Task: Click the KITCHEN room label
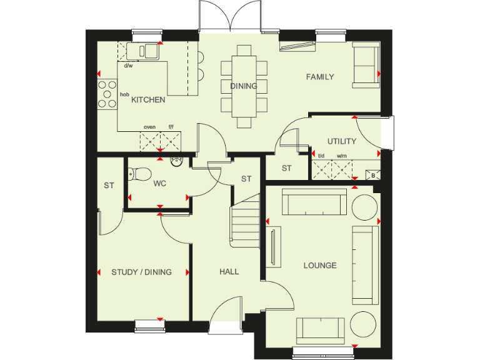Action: [x=148, y=99]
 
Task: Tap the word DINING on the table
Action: [x=243, y=86]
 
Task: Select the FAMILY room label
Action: [x=319, y=77]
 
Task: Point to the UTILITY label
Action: [x=342, y=141]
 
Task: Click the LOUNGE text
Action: [x=320, y=266]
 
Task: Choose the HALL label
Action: [x=229, y=272]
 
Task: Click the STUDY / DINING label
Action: [x=141, y=272]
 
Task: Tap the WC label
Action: [x=159, y=184]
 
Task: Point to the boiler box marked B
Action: [x=373, y=175]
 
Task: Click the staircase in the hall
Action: [x=245, y=222]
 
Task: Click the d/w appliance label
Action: [x=128, y=65]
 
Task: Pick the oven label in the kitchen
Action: [x=149, y=127]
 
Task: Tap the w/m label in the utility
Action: [x=341, y=156]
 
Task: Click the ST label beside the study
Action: [x=109, y=185]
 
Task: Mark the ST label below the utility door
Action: [x=286, y=168]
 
